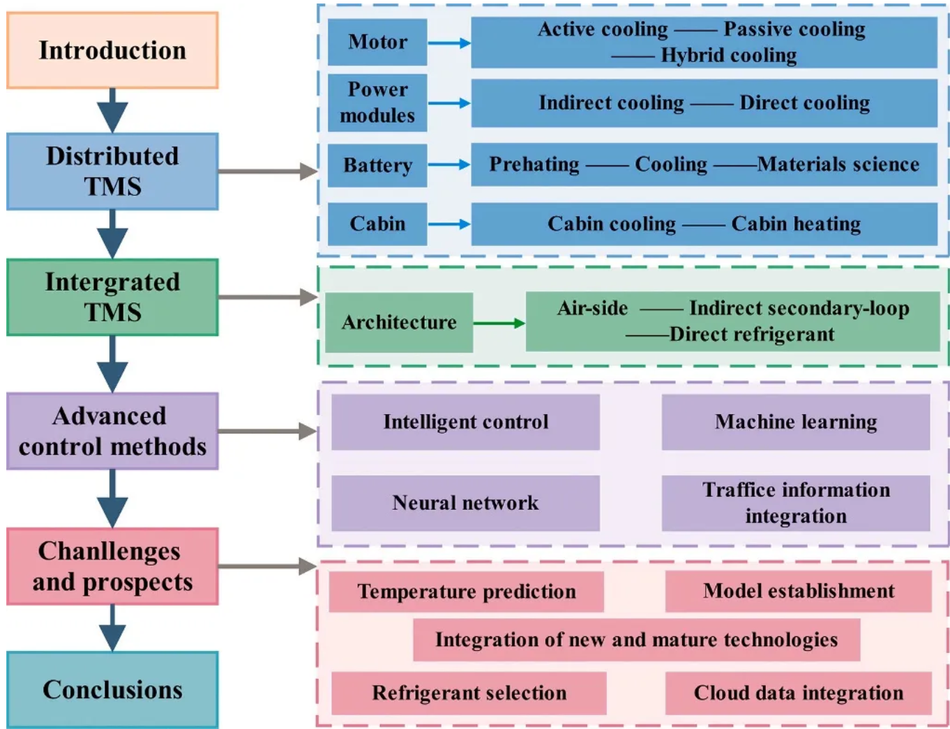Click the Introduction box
pos(112,50)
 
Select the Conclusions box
pos(112,689)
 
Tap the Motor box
pos(377,42)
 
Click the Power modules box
pos(377,102)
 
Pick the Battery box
pos(377,165)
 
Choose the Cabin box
pos(377,224)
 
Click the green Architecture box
pos(399,322)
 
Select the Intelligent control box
pos(465,422)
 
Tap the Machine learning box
pos(796,422)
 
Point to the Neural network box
pos(465,502)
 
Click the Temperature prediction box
pos(467,592)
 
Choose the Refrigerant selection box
pos(469,693)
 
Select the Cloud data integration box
pos(799,693)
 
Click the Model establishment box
pos(799,591)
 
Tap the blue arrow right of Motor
pos(449,43)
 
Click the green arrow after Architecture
pos(499,323)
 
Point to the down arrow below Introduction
pos(112,110)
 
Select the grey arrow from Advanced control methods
pos(268,431)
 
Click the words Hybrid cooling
pos(729,55)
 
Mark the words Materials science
pos(838,164)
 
